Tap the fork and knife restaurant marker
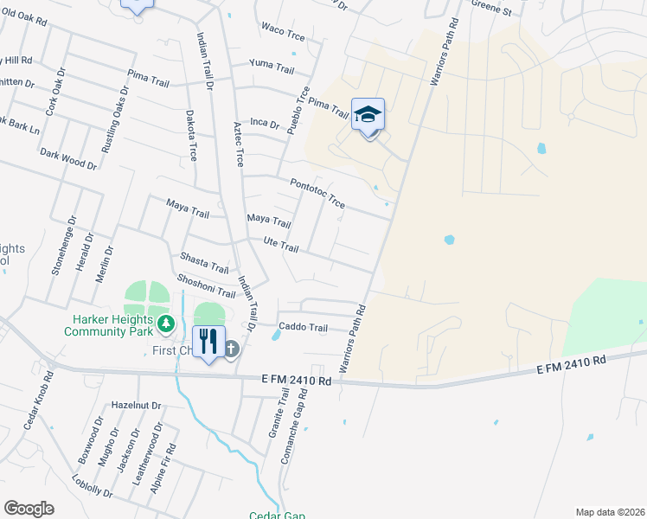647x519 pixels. coord(208,342)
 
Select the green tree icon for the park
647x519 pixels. coord(166,325)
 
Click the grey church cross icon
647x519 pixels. coord(232,349)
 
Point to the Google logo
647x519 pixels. coord(29,509)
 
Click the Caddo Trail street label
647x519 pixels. coord(304,328)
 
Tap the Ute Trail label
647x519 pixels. coord(280,246)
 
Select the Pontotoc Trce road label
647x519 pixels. coord(317,193)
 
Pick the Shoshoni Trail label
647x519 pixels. coord(206,286)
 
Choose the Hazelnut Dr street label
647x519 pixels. coord(137,405)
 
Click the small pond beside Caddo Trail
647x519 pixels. coord(275,334)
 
